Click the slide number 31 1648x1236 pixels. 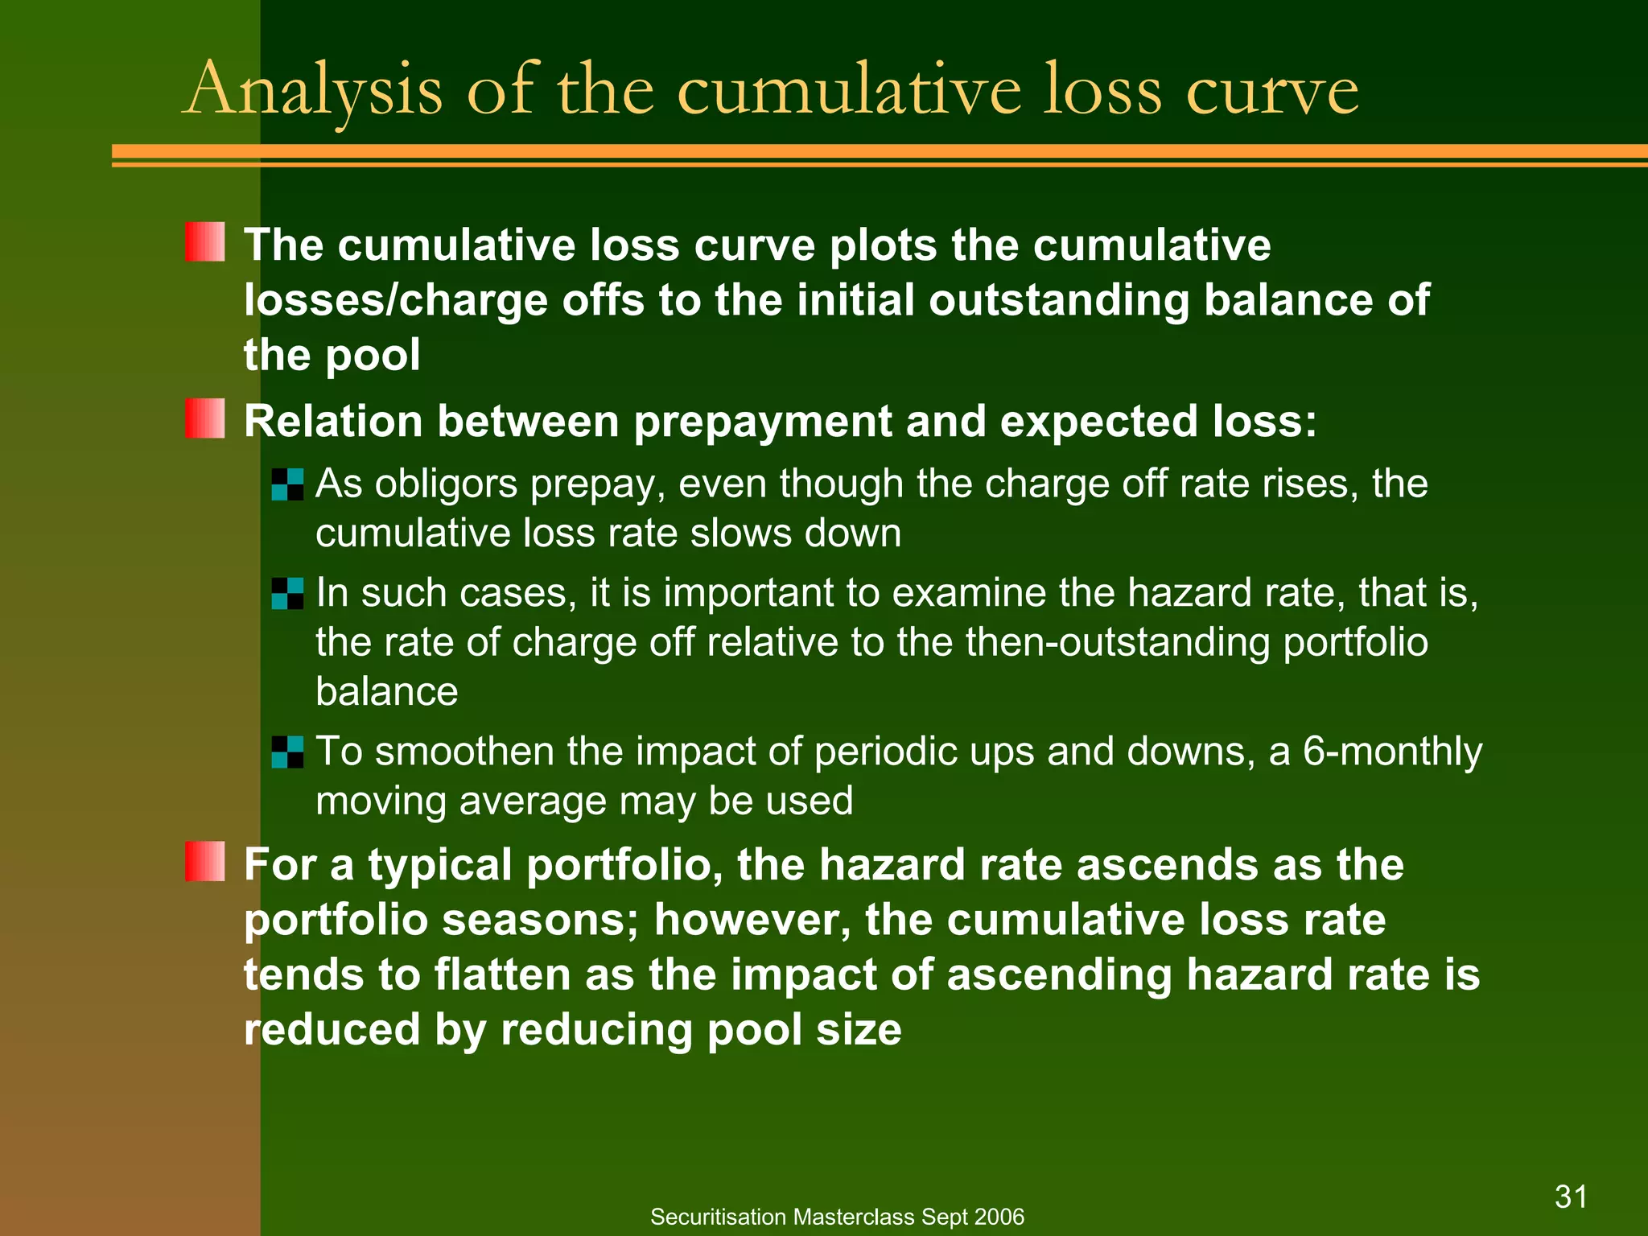pyautogui.click(x=1571, y=1197)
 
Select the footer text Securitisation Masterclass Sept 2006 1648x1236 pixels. pyautogui.click(x=837, y=1217)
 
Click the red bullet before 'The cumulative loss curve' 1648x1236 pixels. pyautogui.click(x=204, y=242)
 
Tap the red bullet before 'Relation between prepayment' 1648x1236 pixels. pyautogui.click(x=204, y=418)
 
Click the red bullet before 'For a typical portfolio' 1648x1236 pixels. pyautogui.click(x=204, y=862)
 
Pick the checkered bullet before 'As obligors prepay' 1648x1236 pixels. pyautogui.click(x=287, y=484)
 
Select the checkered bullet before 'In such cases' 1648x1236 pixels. pyautogui.click(x=287, y=593)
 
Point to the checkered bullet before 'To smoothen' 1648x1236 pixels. pyautogui.click(x=287, y=752)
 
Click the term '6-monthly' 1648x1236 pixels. pyautogui.click(x=1392, y=752)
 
